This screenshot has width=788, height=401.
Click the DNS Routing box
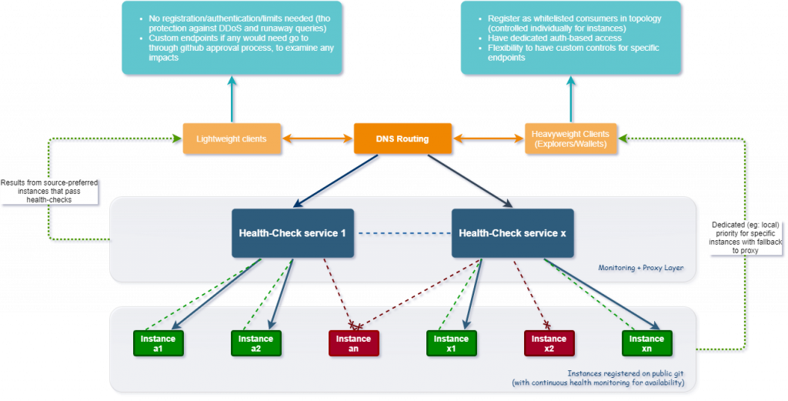coord(402,139)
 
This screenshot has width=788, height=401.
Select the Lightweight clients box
coord(231,139)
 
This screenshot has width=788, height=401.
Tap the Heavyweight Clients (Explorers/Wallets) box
coord(570,139)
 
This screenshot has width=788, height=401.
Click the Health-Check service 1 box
coord(292,233)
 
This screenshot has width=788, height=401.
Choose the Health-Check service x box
coord(513,233)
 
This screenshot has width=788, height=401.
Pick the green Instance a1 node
coord(158,344)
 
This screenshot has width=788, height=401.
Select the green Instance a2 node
coord(255,344)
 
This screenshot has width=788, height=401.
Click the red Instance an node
coord(354,344)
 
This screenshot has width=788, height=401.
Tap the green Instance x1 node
coord(451,344)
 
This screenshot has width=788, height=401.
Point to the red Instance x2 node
coord(549,344)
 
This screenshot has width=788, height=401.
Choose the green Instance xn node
coord(646,344)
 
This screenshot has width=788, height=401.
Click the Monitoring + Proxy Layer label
coord(641,268)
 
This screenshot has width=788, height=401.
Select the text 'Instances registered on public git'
coord(626,374)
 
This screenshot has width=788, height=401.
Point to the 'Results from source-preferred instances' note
coord(49,191)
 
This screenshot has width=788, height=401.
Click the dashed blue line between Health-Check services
coord(403,233)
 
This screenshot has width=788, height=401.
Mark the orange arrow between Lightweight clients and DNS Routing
coord(317,139)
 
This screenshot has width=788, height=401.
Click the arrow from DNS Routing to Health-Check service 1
coord(336,181)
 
